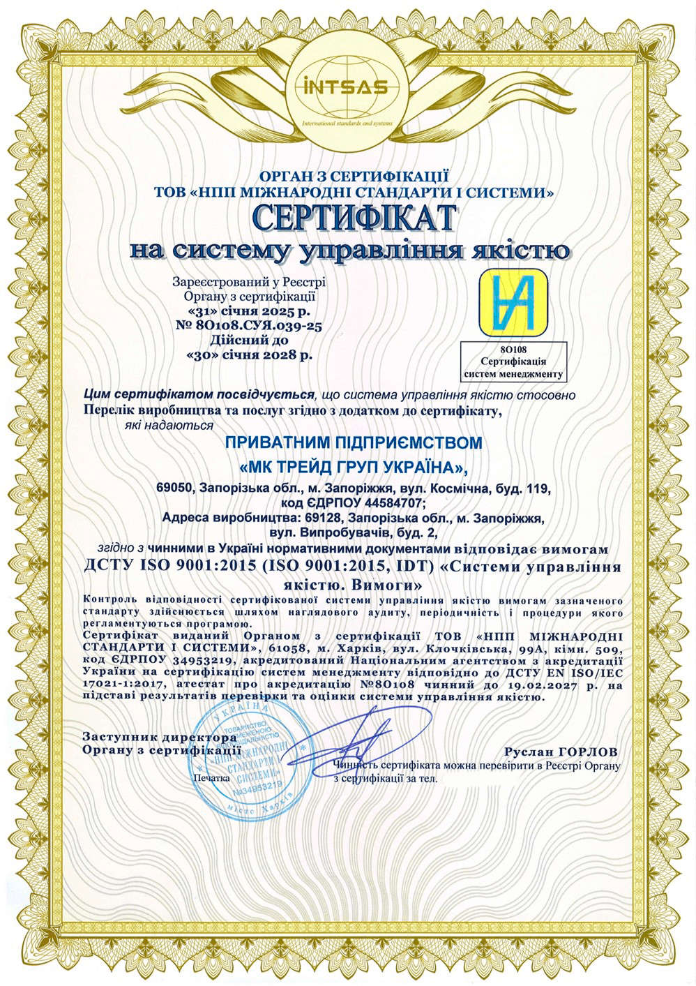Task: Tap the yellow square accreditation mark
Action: click(x=516, y=301)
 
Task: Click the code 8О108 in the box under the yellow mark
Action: click(x=515, y=348)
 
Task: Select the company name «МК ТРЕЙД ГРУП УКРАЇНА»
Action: click(x=354, y=465)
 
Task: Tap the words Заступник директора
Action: click(x=155, y=737)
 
